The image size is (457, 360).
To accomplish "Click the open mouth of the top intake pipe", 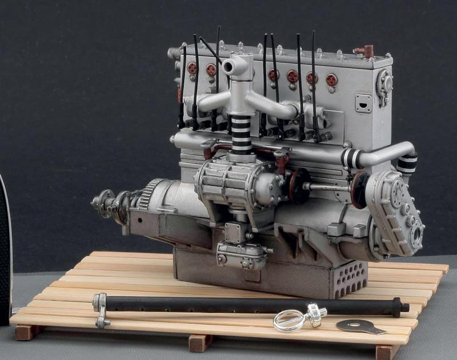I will coord(228,67).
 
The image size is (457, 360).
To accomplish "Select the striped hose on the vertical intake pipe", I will coord(242,135).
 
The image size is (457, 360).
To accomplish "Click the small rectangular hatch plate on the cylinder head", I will coord(363,103).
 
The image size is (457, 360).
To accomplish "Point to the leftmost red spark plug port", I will coord(193,68).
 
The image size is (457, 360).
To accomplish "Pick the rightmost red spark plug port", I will coord(331,80).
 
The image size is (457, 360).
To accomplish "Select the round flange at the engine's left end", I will coord(103,203).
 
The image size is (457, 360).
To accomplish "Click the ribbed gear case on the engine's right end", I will coord(397,211).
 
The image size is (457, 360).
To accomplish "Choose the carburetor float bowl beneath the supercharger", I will coord(240,254).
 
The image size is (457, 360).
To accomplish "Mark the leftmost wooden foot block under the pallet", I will coord(25,332).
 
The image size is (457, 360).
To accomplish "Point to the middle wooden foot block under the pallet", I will coord(201,343).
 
